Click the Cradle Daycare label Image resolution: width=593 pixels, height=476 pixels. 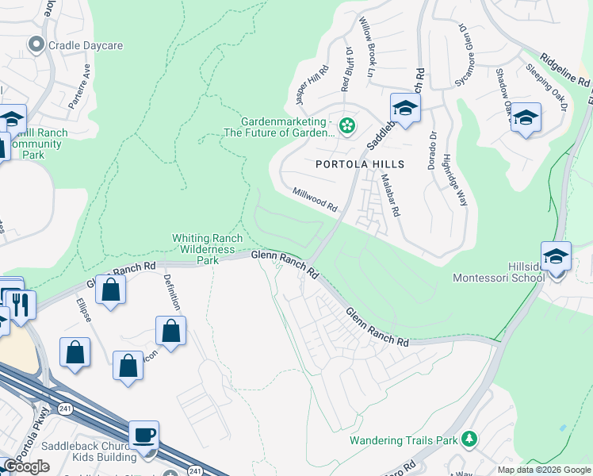[85, 45]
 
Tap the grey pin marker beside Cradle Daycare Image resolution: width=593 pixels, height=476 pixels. [35, 44]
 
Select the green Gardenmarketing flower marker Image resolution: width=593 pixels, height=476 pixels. [346, 125]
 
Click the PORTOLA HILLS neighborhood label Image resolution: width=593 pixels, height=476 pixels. [360, 164]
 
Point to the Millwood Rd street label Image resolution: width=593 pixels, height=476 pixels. [315, 198]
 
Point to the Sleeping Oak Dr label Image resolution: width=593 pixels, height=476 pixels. [547, 87]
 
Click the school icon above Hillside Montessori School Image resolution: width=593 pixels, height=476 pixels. [556, 255]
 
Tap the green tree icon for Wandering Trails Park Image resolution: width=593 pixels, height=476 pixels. [469, 439]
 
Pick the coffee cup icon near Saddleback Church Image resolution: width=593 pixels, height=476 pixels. [143, 435]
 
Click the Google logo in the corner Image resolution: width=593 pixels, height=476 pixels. [26, 466]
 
